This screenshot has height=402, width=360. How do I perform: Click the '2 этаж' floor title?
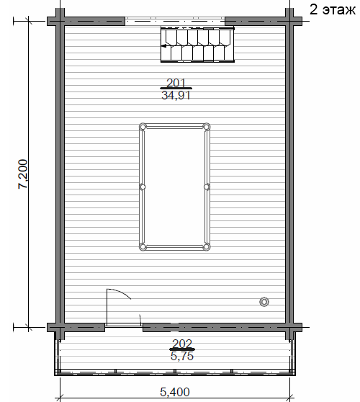333,10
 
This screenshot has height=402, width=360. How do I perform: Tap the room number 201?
176,83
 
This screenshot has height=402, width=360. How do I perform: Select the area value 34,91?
176,95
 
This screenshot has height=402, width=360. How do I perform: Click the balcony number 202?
182,344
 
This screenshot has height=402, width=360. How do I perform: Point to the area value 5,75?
182,356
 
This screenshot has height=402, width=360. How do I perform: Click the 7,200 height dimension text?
22,174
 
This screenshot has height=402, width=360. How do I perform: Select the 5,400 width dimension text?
175,392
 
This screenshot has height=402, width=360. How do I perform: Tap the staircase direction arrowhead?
163,46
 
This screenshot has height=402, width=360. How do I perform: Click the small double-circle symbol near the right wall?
264,302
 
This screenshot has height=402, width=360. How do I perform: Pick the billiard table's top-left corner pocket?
143,127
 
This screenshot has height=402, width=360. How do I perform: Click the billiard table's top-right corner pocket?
206,127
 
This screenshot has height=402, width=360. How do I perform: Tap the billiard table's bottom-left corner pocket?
143,247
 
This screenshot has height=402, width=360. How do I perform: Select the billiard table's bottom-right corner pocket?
206,247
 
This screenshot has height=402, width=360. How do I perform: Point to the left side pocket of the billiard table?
143,187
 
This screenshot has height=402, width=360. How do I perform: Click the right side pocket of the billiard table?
207,187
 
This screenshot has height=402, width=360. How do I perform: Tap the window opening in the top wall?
175,21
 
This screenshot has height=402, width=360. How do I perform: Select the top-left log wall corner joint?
60,21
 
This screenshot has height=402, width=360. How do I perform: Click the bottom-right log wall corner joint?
289,327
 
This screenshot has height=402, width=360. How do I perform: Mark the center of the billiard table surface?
175,187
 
